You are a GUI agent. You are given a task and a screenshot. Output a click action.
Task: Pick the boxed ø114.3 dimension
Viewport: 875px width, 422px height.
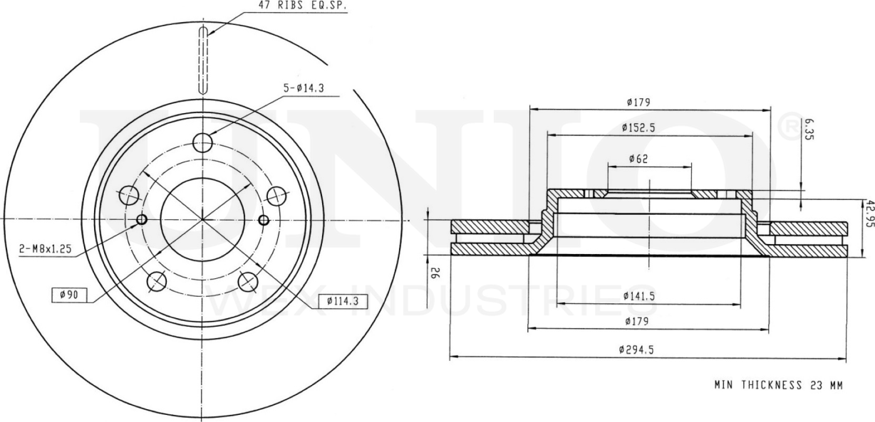point(343,301)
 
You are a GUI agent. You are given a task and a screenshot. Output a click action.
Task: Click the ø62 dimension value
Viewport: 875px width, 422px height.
point(638,159)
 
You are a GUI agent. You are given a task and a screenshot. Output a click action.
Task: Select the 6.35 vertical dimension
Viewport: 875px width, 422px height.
point(808,131)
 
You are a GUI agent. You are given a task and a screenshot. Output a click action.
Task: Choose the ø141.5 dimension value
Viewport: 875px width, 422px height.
point(638,295)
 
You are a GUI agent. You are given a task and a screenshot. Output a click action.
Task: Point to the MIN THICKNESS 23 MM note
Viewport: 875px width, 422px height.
point(778,385)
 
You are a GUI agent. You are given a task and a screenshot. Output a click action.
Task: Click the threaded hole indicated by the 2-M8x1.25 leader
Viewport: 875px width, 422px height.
point(141,219)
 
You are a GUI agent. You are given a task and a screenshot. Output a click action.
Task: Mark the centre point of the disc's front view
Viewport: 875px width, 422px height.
point(202,219)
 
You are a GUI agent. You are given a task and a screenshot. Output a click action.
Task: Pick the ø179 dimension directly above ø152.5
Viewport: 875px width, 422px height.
point(638,102)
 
